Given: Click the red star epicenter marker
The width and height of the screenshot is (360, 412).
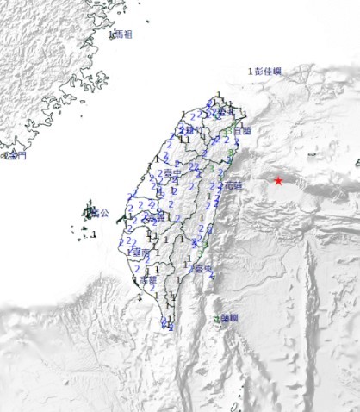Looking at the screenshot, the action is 278,180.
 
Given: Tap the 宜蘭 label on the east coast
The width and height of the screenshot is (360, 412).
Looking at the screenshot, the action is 242,131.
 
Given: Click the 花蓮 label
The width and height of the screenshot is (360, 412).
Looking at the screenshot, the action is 233,185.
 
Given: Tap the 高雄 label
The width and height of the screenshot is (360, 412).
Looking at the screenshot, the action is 148,279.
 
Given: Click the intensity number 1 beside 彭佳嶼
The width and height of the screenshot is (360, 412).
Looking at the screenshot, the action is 251,72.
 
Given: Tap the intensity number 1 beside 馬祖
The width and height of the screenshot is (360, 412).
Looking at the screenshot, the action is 111,35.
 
